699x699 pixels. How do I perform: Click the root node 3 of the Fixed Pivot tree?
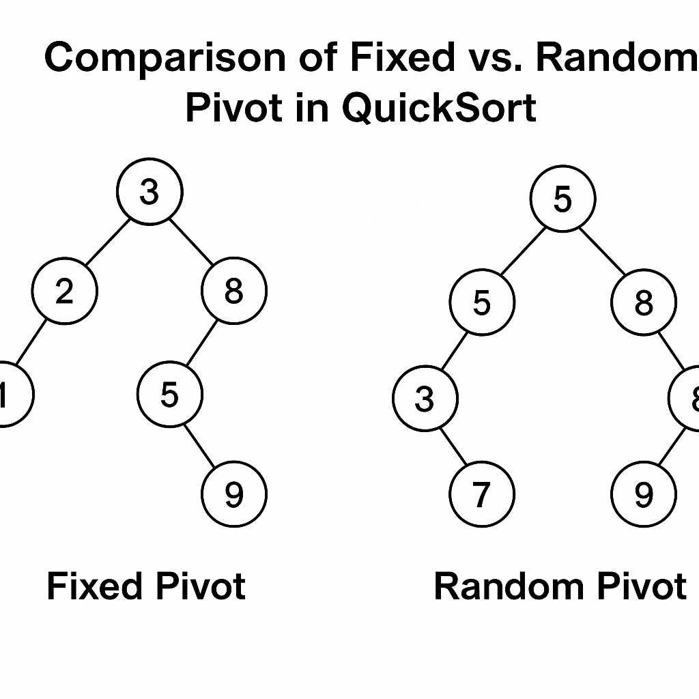tap(149, 192)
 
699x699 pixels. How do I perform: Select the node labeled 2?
tap(65, 291)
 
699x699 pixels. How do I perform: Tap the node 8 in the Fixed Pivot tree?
tap(234, 291)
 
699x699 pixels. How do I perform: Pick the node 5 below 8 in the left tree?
tap(170, 395)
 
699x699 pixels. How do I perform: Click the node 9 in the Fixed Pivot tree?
tap(234, 494)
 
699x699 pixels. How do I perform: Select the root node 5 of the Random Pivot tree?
tap(562, 199)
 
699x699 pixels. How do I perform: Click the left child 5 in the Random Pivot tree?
tap(482, 302)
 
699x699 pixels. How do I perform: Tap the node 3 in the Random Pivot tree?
tap(425, 399)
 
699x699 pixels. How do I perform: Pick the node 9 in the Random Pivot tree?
tap(644, 494)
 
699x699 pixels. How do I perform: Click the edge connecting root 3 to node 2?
tap(107, 242)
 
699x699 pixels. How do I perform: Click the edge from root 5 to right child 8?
tap(603, 251)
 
